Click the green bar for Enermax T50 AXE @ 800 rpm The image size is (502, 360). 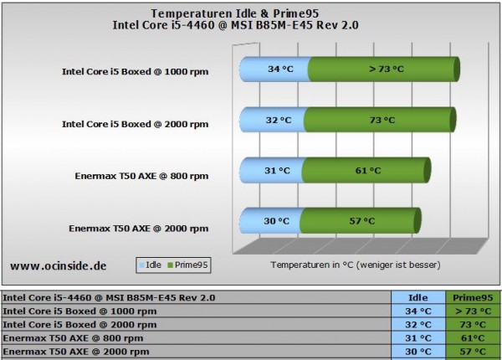pos(368,171)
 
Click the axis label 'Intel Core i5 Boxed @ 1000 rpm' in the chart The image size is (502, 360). pos(135,72)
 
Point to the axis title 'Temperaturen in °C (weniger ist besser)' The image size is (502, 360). pos(355,265)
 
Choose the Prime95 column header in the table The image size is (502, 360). pos(472,297)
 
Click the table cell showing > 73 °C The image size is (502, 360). pos(472,311)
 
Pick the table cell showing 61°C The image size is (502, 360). pos(472,337)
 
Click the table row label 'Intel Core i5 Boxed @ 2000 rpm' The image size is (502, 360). pos(80,324)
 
